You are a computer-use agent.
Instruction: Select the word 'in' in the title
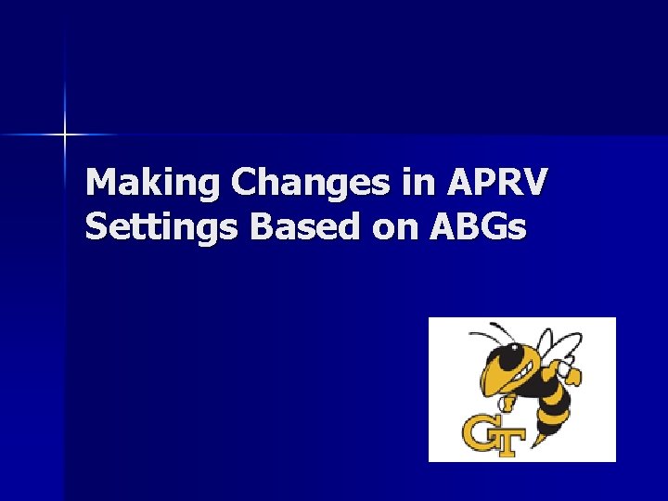[x=417, y=182]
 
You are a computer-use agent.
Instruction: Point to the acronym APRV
[x=499, y=182]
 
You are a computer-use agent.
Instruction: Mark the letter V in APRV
[x=534, y=182]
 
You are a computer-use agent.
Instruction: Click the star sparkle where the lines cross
[x=65, y=135]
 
